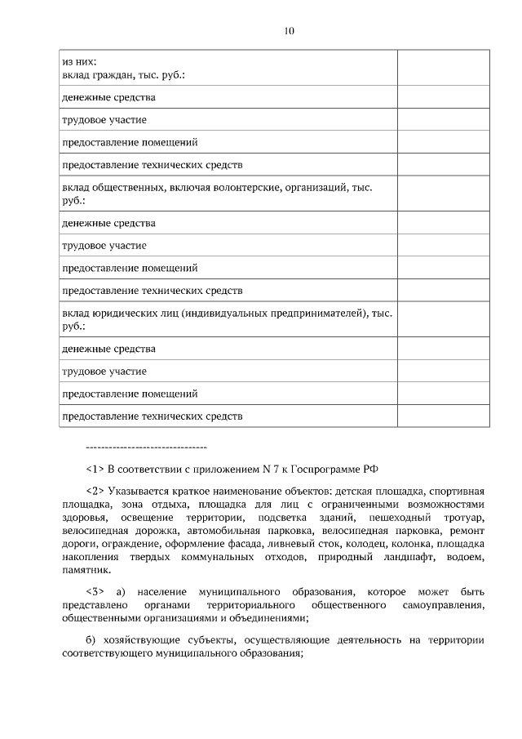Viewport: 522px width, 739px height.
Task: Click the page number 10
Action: point(289,30)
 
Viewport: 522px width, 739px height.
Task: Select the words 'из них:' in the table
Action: point(79,61)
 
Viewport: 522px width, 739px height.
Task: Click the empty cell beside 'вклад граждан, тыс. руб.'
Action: point(444,68)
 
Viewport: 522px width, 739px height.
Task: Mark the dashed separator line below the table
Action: point(146,447)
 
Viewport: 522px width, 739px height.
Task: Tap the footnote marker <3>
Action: point(95,590)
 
